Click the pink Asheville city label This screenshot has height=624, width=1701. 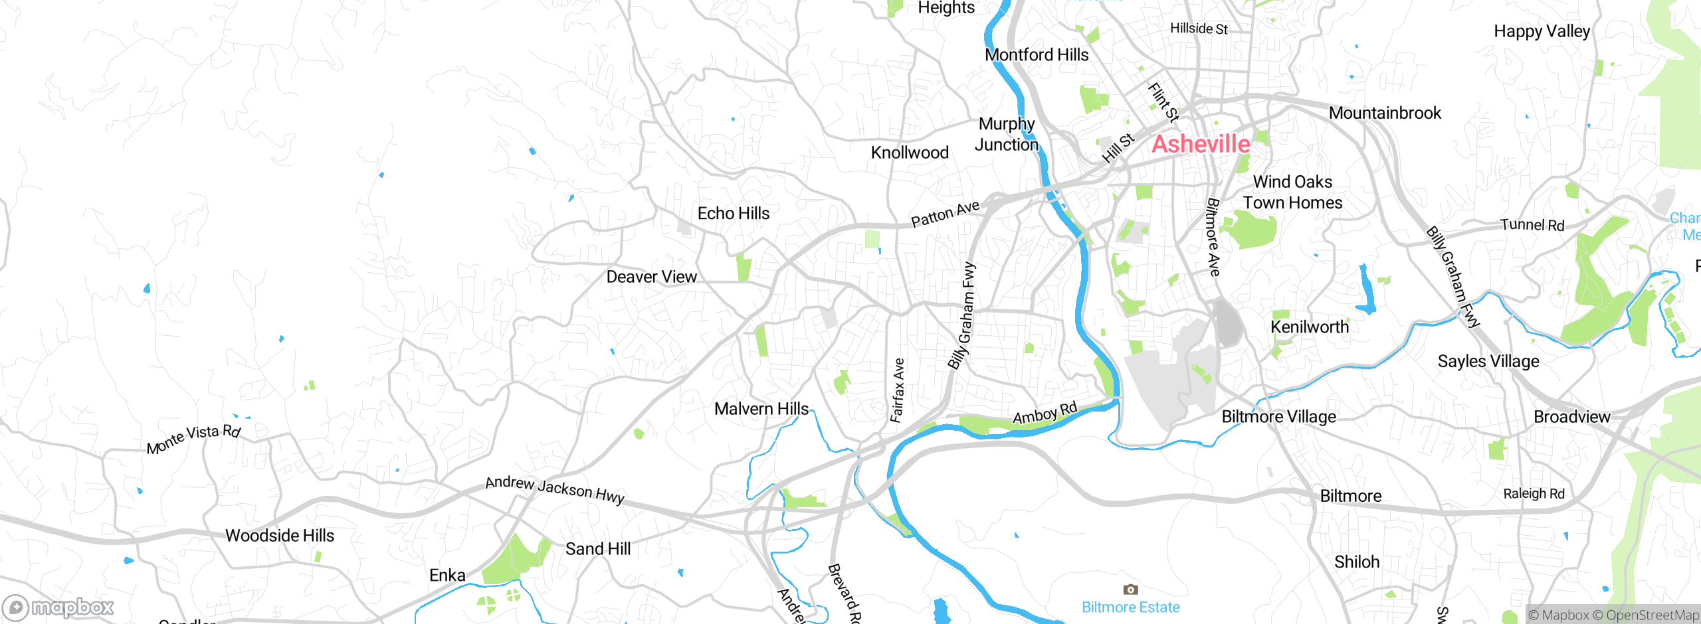click(1200, 144)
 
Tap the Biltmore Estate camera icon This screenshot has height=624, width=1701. click(1130, 589)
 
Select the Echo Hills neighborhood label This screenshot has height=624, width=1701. click(733, 213)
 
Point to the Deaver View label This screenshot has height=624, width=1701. click(651, 277)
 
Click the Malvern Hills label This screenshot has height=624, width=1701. click(761, 409)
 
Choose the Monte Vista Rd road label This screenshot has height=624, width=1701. click(193, 439)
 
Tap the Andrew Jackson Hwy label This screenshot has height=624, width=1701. click(555, 490)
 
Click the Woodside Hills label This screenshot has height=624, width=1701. click(280, 535)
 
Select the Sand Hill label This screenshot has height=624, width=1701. click(597, 549)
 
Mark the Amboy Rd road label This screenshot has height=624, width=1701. click(1045, 414)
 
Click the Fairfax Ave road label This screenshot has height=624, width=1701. click(898, 390)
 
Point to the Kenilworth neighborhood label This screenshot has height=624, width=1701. click(1309, 327)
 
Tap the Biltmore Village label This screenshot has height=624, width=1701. click(1278, 417)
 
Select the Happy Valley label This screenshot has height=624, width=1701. click(1542, 31)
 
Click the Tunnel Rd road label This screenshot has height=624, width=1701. click(1532, 225)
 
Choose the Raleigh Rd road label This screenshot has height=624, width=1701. click(1534, 494)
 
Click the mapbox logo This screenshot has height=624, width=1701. click(58, 607)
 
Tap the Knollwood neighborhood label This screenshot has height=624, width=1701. click(909, 153)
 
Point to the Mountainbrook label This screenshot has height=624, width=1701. click(1385, 113)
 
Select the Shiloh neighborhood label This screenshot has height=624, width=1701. click(1357, 562)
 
